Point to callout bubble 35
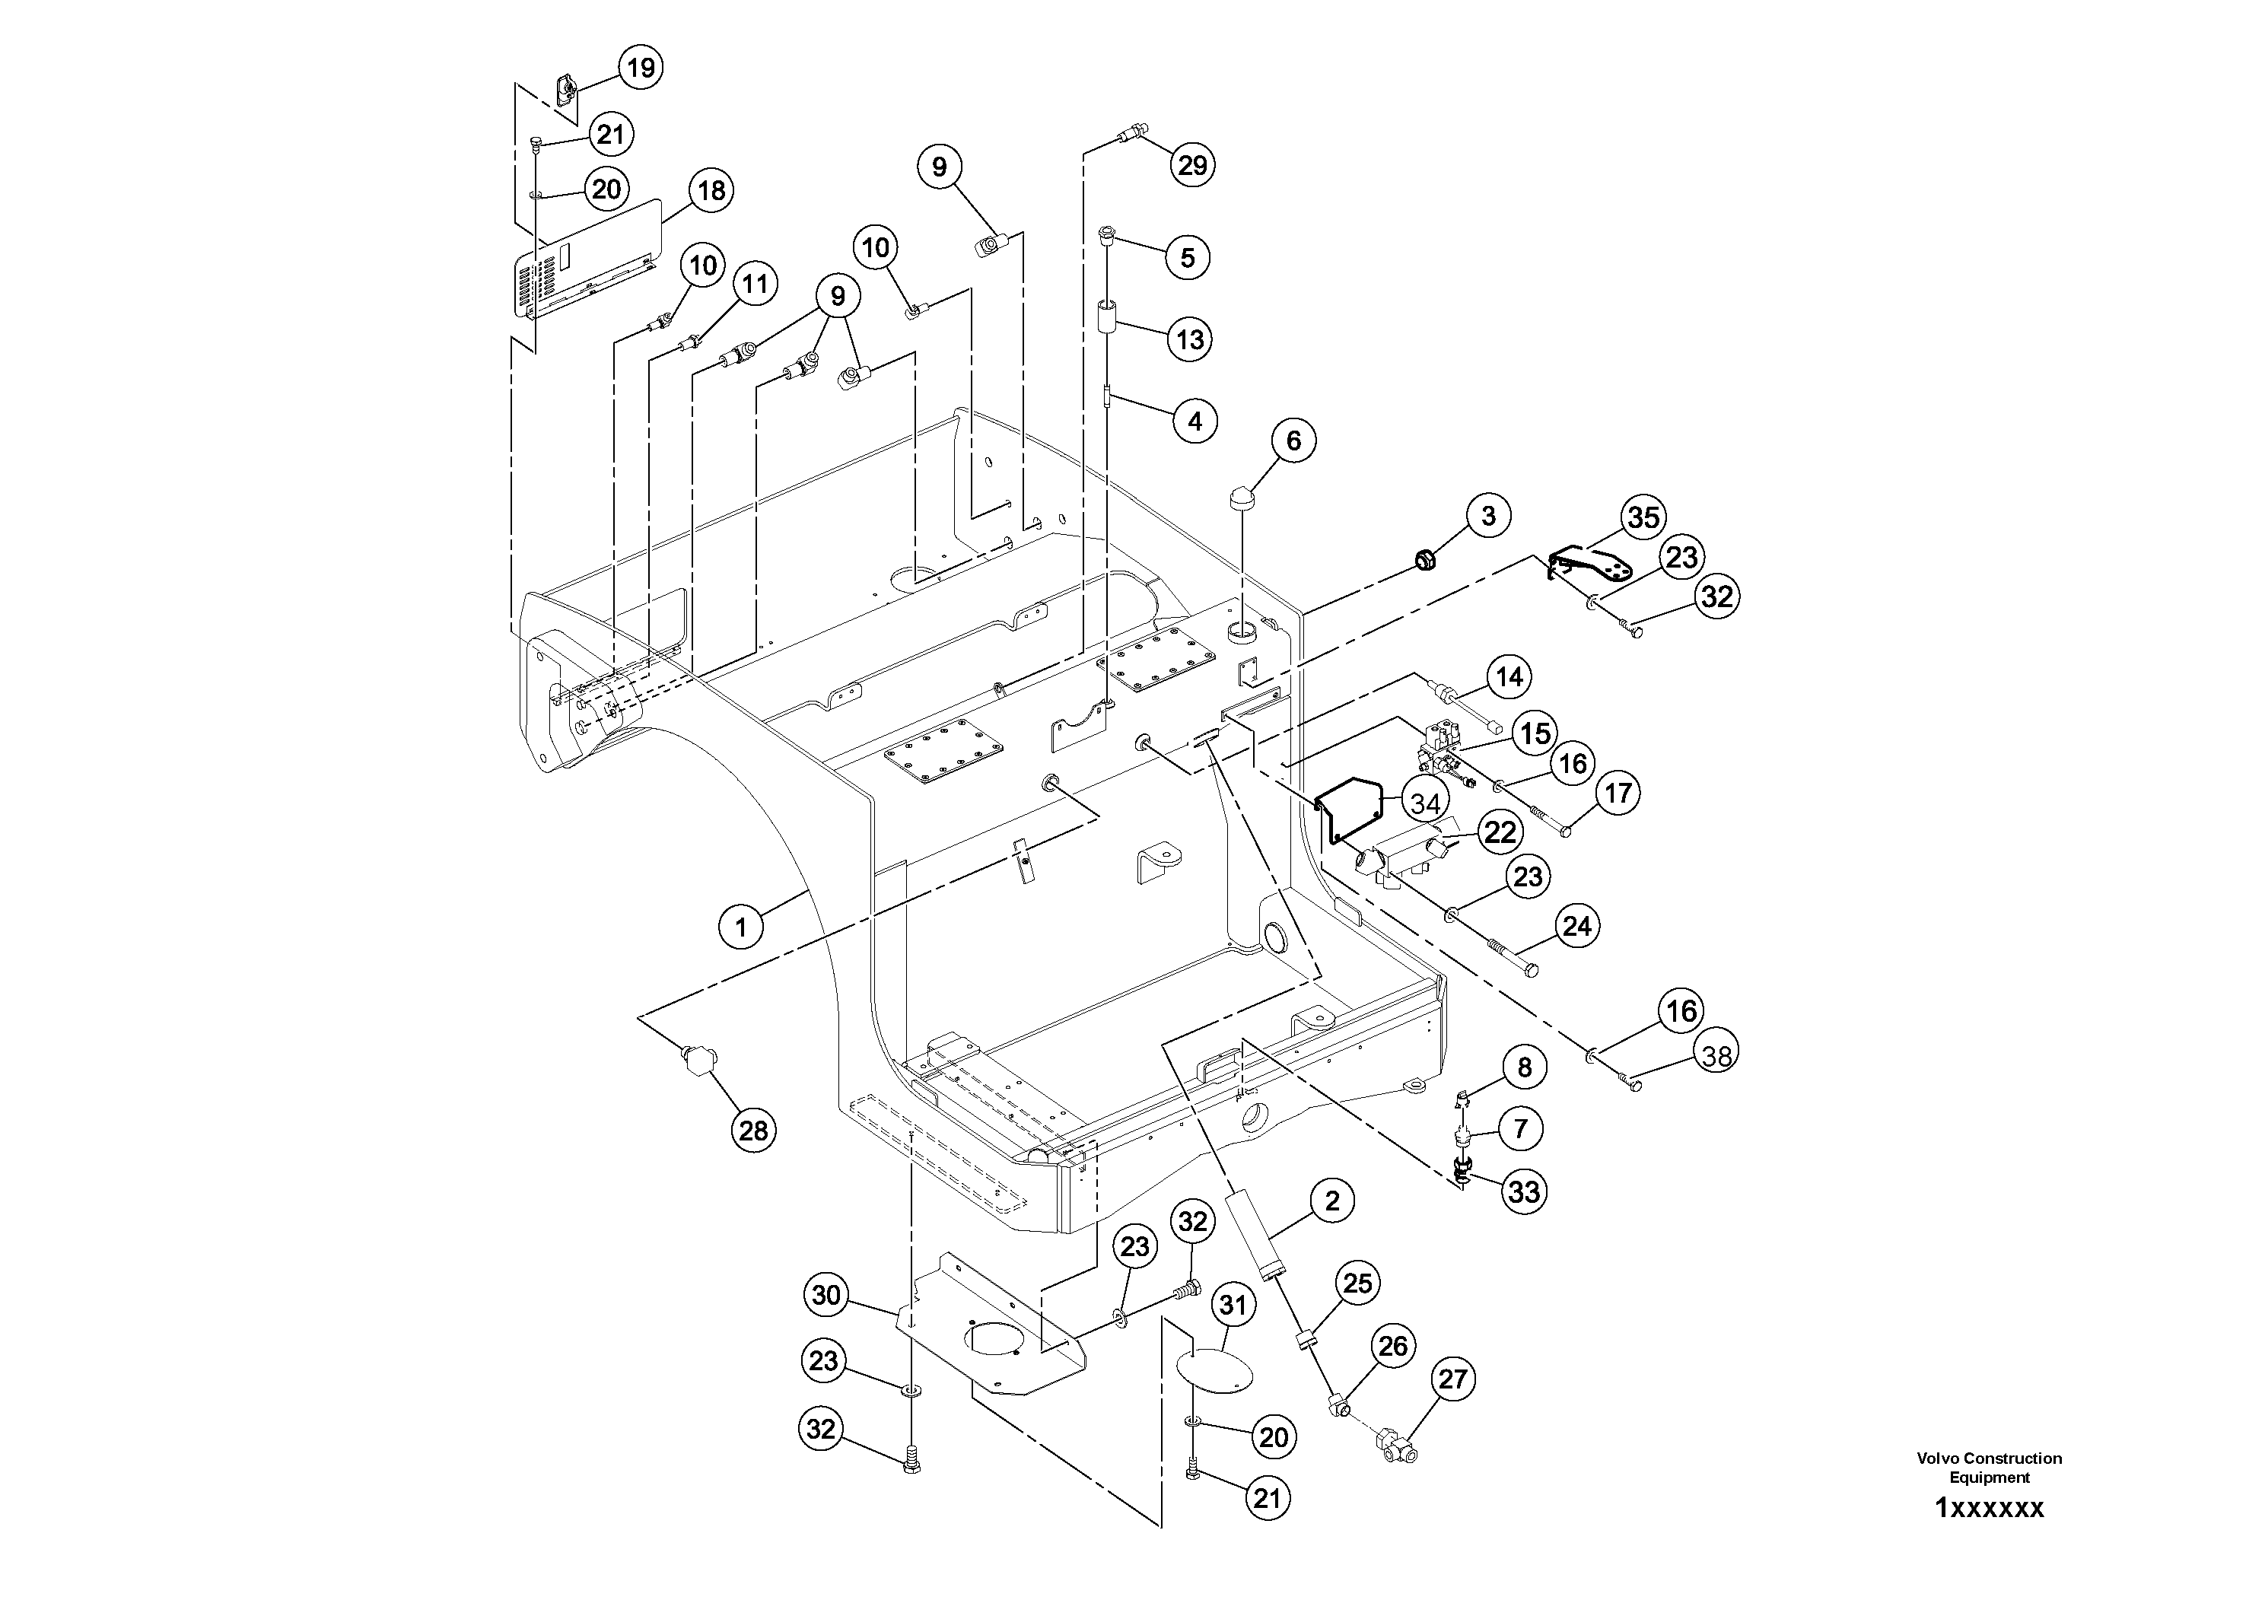(x=1643, y=517)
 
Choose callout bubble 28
(x=752, y=1131)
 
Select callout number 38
(x=1716, y=1055)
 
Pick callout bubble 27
(x=1452, y=1379)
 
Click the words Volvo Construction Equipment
(x=1989, y=1468)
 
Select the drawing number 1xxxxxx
(x=1989, y=1508)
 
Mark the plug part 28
(x=696, y=1061)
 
